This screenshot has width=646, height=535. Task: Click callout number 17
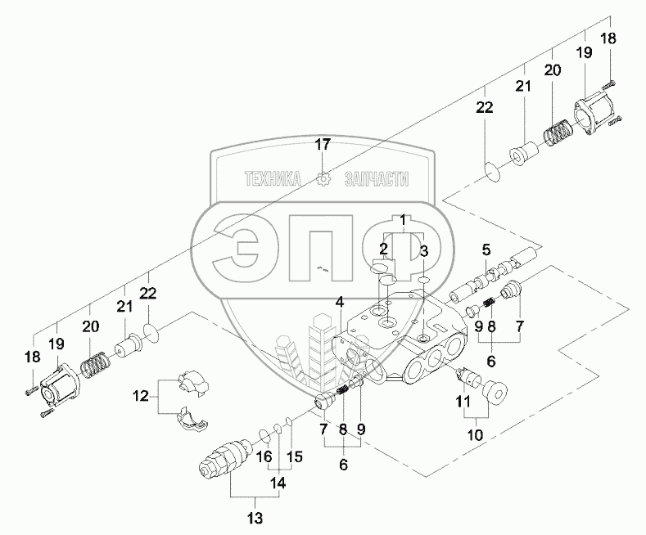click(323, 146)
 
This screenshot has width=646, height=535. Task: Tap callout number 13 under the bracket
click(255, 516)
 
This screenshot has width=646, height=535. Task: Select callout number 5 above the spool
click(485, 249)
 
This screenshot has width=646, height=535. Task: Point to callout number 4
click(338, 303)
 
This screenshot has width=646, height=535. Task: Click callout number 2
click(383, 248)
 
